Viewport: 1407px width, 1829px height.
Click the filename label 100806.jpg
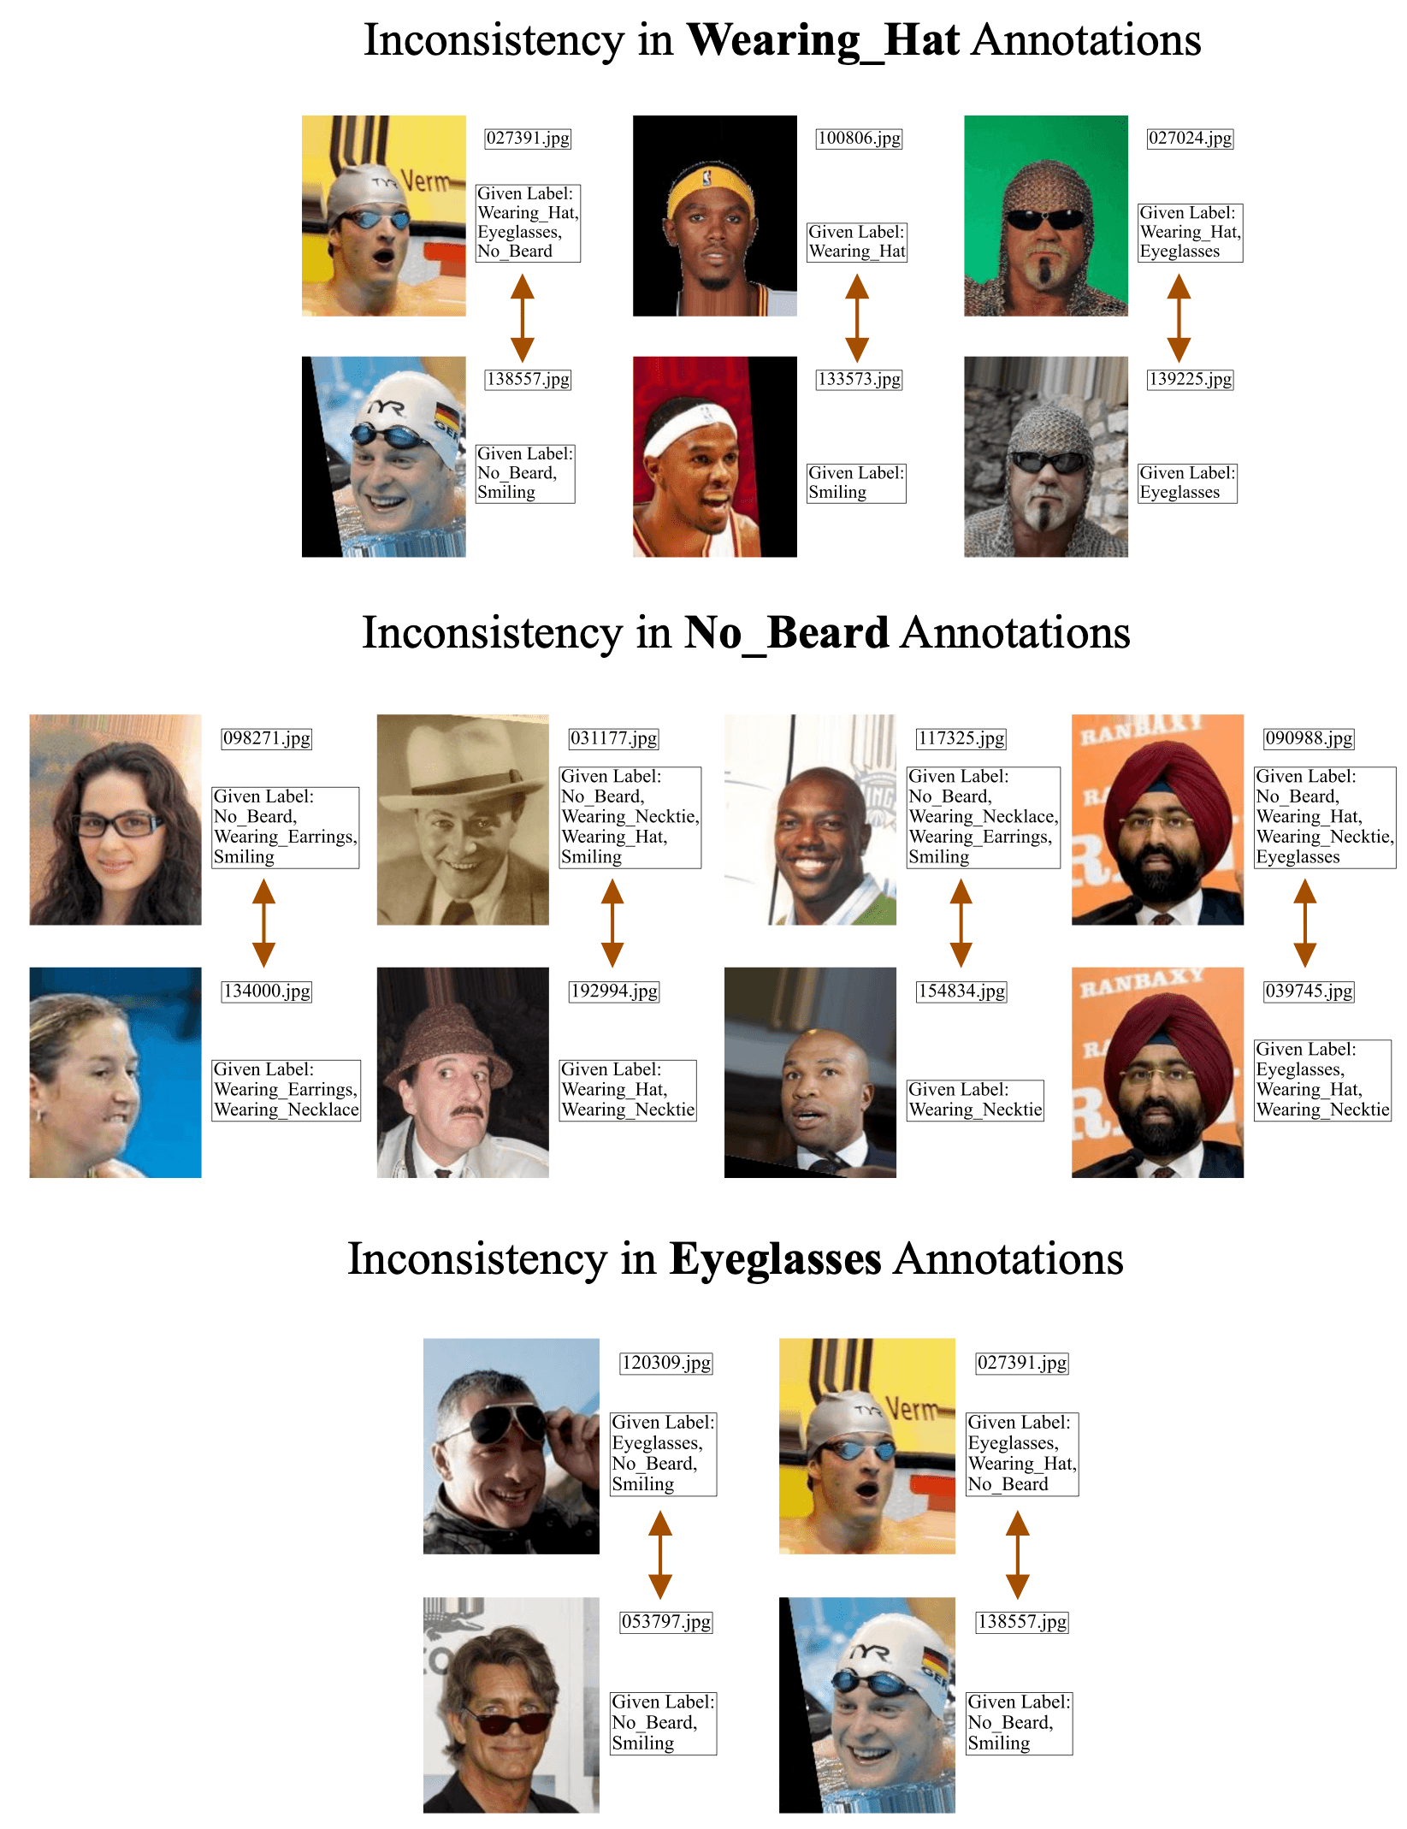[x=859, y=139]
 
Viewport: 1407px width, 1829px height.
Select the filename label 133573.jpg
[x=859, y=380]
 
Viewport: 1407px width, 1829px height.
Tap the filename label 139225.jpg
[x=1190, y=380]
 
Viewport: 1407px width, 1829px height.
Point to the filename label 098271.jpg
[x=267, y=739]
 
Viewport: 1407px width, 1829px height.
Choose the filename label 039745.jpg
[x=1309, y=991]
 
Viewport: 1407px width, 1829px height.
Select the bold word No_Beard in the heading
[x=786, y=634]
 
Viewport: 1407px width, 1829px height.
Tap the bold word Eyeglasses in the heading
[x=775, y=1260]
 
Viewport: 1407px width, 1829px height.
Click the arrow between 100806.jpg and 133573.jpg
[x=857, y=318]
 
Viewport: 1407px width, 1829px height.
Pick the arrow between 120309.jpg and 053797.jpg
[x=660, y=1554]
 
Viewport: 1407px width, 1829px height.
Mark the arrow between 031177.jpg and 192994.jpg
[x=612, y=923]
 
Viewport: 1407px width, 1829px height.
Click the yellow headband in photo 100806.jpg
[x=711, y=191]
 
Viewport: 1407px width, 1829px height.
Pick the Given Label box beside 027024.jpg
[x=1190, y=233]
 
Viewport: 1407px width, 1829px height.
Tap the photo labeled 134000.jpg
[x=115, y=1073]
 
